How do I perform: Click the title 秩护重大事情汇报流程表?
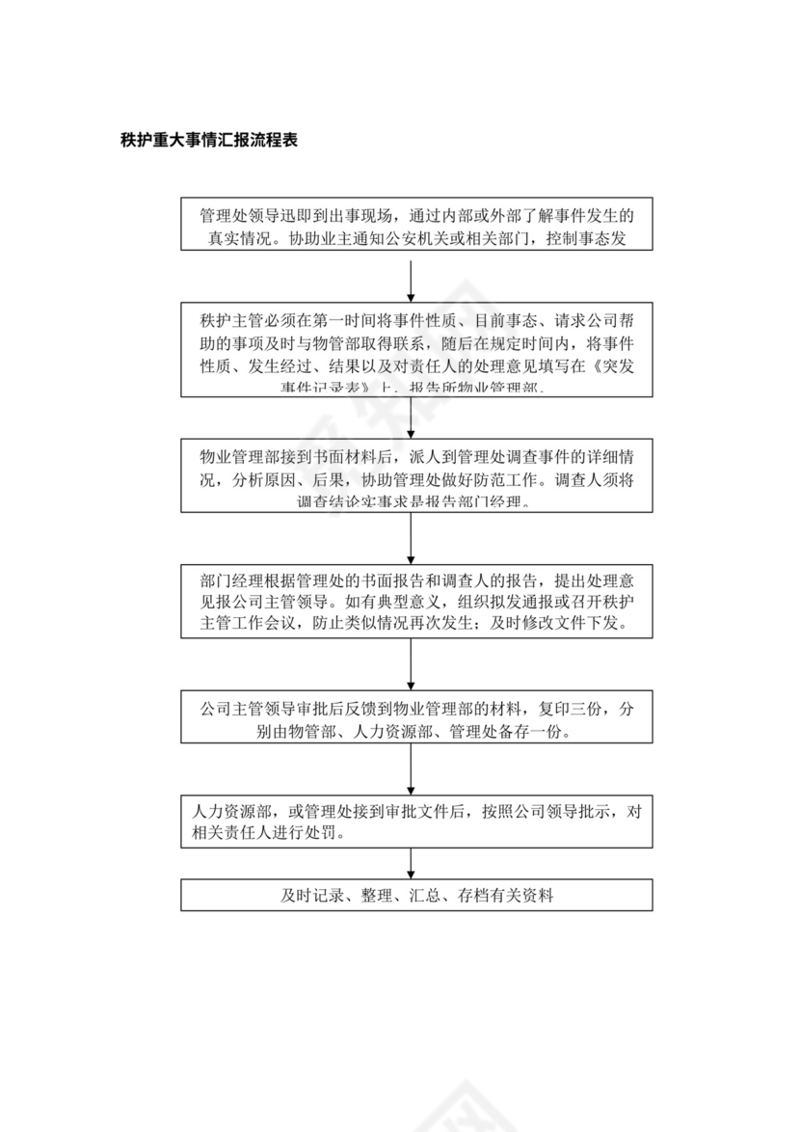coord(207,139)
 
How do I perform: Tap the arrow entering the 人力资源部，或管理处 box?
coord(412,768)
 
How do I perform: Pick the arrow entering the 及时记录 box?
coord(412,864)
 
